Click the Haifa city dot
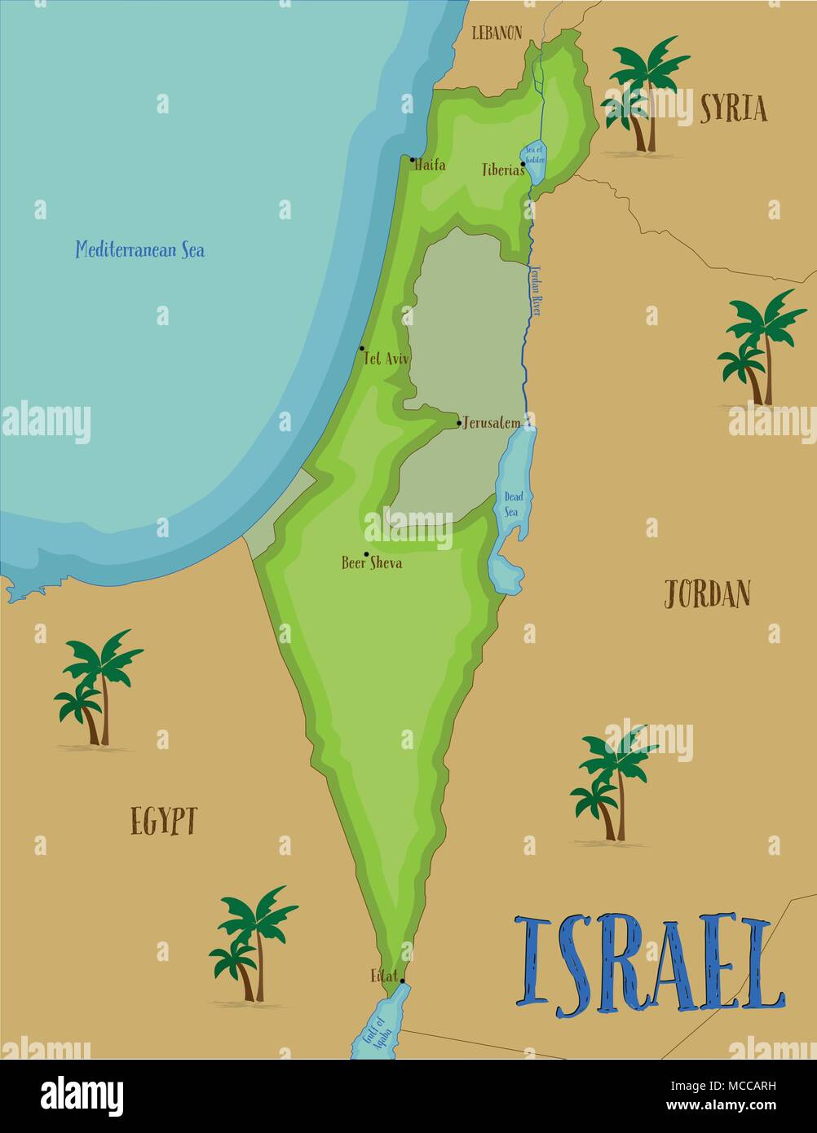413,160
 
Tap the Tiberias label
502,170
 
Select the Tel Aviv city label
387,358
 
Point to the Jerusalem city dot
459,423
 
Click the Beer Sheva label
372,562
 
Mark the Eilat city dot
402,981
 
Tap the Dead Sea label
511,504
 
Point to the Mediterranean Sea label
139,249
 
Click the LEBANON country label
497,33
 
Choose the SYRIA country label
733,108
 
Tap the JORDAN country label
706,595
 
